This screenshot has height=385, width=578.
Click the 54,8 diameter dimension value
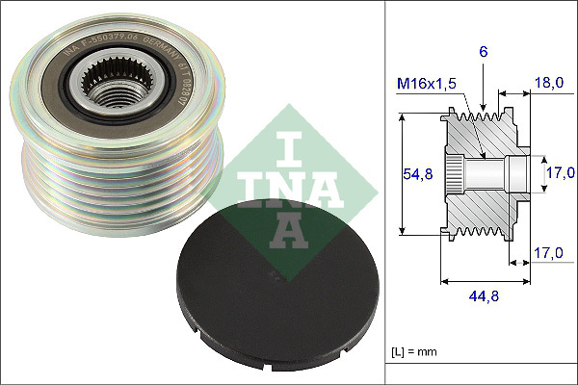pyautogui.click(x=416, y=174)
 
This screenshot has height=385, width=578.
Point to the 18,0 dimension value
pyautogui.click(x=548, y=85)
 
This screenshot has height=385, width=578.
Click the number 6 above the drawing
pyautogui.click(x=484, y=50)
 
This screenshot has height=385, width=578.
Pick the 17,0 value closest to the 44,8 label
pyautogui.click(x=548, y=254)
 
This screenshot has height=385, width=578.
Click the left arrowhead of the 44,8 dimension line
pyautogui.click(x=443, y=282)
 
